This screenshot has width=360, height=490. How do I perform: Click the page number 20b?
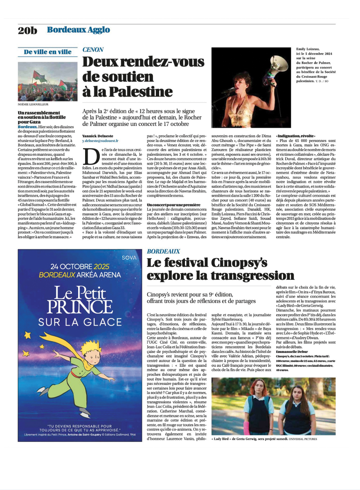point(27,30)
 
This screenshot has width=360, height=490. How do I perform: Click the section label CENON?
point(93,49)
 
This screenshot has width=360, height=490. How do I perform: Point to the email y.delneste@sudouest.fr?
point(101,140)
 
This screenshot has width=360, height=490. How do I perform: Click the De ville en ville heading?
point(47,52)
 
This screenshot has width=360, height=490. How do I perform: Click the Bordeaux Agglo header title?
point(78,29)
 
